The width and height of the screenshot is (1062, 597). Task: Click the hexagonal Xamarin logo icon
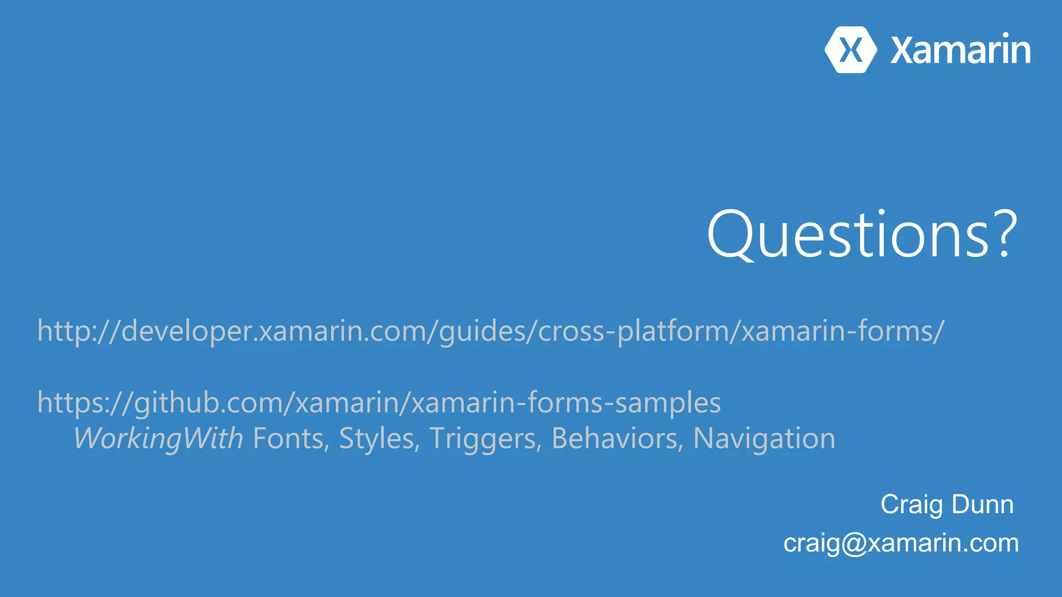click(x=850, y=50)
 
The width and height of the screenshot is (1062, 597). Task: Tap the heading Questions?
click(x=861, y=234)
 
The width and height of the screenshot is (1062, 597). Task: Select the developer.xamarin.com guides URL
click(x=491, y=331)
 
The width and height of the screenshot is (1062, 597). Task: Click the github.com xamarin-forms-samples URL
click(x=379, y=402)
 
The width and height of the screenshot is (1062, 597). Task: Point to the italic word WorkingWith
click(x=159, y=438)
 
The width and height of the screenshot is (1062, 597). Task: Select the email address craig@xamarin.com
click(x=901, y=543)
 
